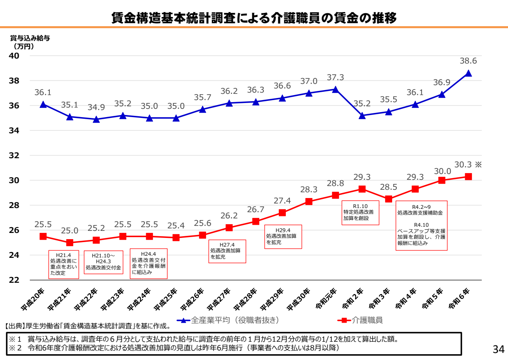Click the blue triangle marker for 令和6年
[x=468, y=73]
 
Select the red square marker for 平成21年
[x=69, y=242]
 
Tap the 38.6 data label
[x=468, y=61]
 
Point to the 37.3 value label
[x=335, y=78]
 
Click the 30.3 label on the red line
[x=463, y=165]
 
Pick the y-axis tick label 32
[x=14, y=155]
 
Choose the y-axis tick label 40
[x=14, y=56]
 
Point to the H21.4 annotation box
[x=64, y=264]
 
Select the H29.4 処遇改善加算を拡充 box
[x=283, y=236]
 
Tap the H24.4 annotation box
[x=148, y=263]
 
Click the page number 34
[x=498, y=348]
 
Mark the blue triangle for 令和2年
[x=362, y=115]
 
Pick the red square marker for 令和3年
[x=388, y=199]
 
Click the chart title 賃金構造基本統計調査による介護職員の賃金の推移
[x=254, y=17]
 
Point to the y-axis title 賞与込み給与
[x=30, y=38]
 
